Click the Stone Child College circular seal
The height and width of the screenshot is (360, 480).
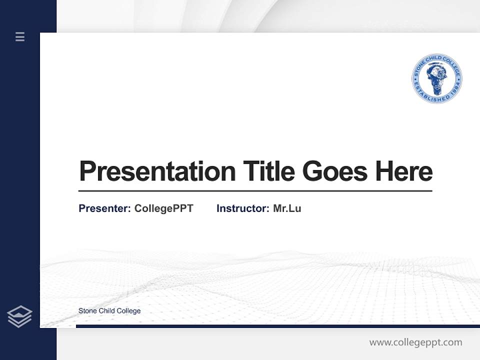(436, 79)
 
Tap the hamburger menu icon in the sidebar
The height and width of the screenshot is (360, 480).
(20, 36)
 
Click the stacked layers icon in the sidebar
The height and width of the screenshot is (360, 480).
(19, 316)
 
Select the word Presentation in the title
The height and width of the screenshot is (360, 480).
(157, 171)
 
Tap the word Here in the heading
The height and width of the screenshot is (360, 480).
(404, 171)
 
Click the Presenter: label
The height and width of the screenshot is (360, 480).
(104, 208)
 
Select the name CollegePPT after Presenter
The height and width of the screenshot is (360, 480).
(163, 208)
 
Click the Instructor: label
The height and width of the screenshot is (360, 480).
(242, 208)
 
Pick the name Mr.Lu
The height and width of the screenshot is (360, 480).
(287, 208)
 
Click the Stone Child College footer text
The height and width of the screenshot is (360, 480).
(109, 311)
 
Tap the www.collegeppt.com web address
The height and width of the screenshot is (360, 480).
(415, 342)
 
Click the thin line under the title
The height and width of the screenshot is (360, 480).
(255, 191)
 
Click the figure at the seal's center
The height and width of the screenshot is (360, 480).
(436, 77)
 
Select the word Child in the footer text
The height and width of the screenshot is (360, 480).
(106, 311)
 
